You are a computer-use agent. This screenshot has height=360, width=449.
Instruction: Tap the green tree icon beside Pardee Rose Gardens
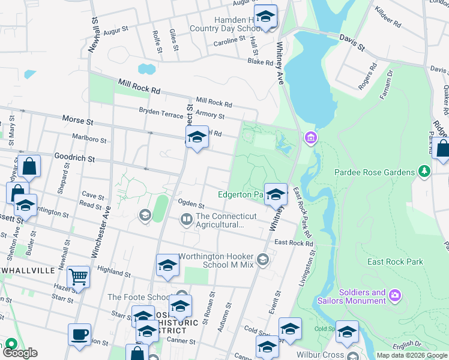(424, 172)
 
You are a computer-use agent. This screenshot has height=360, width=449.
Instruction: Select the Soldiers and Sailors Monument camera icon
(394, 295)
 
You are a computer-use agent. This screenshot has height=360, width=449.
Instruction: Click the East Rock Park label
(395, 262)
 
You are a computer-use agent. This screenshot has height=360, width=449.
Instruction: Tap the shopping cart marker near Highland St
(78, 278)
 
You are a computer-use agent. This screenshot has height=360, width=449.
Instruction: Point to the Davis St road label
(352, 42)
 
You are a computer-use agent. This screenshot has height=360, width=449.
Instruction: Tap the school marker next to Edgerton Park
(276, 194)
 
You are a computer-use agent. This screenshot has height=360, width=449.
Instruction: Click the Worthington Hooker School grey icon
(262, 259)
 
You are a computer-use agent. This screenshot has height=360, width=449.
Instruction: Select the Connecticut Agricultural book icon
(187, 221)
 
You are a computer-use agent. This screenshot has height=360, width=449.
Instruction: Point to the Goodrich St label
(74, 159)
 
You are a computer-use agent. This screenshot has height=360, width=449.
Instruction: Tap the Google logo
(20, 353)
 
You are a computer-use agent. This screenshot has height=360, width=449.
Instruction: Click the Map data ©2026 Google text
(411, 355)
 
